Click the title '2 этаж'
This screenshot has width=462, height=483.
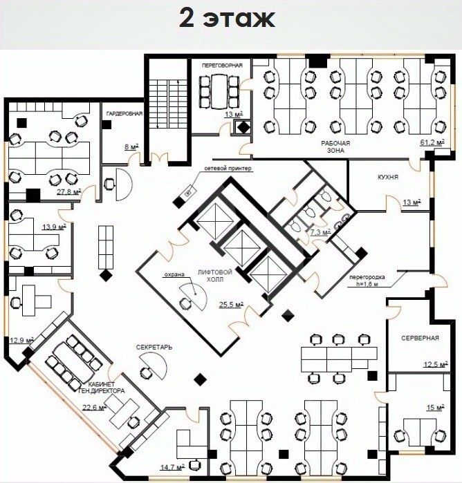(227, 19)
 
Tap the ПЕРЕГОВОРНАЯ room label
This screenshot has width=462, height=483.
(222, 66)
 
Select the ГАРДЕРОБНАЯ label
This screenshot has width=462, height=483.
(124, 113)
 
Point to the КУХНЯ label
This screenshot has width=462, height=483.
(388, 177)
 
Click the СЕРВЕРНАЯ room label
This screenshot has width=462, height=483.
(420, 338)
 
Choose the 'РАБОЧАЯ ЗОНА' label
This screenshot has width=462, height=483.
(335, 147)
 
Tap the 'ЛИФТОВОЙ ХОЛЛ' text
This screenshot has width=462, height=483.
(215, 276)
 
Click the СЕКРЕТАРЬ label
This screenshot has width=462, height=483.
(154, 348)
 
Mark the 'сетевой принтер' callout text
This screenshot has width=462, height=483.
(228, 169)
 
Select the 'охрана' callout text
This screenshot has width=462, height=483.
(174, 274)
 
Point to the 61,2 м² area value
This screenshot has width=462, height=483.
(432, 142)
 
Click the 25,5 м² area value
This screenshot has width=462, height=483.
(231, 305)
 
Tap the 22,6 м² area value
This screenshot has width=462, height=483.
(94, 407)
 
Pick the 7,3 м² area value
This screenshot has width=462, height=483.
(320, 232)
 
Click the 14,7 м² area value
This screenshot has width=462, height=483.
(172, 467)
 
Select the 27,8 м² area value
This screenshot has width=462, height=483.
(68, 192)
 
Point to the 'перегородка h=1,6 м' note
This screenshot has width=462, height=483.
(367, 281)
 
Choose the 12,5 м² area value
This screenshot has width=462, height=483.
(435, 365)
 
